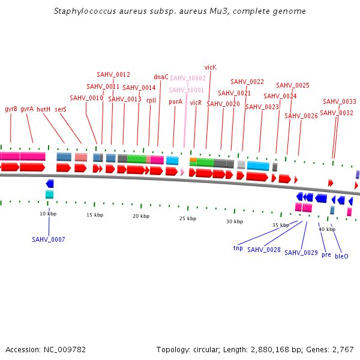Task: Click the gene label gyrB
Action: [11, 109]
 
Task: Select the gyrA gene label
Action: [27, 109]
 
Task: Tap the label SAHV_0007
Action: [49, 239]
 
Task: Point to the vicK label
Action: [210, 68]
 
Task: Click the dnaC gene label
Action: [161, 77]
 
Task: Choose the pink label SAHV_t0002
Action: [188, 78]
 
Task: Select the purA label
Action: [175, 102]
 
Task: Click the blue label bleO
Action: [341, 256]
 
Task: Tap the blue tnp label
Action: [238, 248]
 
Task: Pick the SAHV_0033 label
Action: [340, 101]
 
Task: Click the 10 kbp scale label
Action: [48, 214]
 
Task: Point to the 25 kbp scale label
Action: [188, 218]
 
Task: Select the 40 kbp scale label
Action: [327, 229]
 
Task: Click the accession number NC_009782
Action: [65, 349]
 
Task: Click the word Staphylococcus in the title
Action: [81, 11]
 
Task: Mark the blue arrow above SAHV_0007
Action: [50, 184]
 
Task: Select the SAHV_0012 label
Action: [113, 74]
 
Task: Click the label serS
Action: [61, 109]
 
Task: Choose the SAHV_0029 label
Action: [301, 253]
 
